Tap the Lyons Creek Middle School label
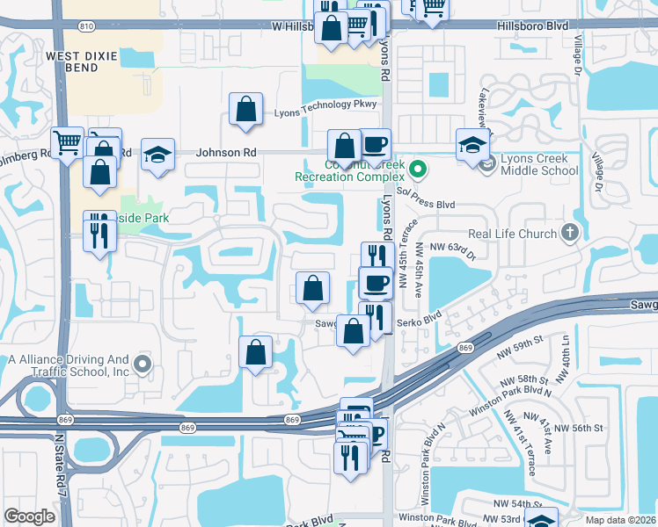[x=537, y=162]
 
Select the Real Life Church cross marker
[x=570, y=233]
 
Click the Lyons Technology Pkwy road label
[x=325, y=105]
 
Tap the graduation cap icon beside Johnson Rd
[x=157, y=155]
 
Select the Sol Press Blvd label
[x=426, y=204]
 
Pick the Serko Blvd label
[x=420, y=320]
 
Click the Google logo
[x=30, y=516]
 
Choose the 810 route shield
[x=84, y=26]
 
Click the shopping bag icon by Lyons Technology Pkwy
[x=246, y=110]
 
